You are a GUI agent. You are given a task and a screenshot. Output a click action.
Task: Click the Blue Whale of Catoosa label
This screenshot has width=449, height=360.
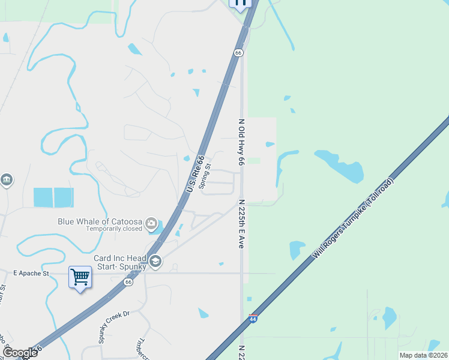click(x=100, y=221)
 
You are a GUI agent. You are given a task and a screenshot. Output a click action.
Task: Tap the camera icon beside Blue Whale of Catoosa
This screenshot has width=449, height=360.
click(x=151, y=224)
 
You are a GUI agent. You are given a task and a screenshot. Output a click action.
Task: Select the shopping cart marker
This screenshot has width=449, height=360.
click(x=80, y=277)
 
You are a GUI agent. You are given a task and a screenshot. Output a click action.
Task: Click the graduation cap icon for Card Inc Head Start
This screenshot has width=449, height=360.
click(x=155, y=261)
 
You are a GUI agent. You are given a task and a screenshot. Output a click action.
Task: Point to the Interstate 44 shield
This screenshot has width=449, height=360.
click(x=253, y=318)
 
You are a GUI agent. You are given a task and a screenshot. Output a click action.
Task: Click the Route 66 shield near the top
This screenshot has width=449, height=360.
click(x=239, y=53)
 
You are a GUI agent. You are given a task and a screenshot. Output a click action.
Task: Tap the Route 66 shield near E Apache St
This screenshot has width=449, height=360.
click(x=128, y=281)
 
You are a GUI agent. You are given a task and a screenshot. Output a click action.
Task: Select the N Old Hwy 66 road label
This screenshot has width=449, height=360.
click(x=241, y=142)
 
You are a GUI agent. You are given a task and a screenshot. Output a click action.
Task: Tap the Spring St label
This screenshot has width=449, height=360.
click(x=206, y=176)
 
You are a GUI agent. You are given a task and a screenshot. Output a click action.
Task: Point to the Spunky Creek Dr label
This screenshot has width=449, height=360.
click(x=114, y=326)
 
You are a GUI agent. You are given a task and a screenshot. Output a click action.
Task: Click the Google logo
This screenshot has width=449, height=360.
click(x=20, y=353)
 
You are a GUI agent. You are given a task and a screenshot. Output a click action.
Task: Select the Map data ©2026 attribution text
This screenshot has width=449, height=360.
click(x=423, y=355)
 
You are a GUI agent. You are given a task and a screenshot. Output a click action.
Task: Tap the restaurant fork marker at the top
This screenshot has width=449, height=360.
click(x=240, y=4)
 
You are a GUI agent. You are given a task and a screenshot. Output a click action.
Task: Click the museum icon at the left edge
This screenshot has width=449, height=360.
click(x=6, y=179)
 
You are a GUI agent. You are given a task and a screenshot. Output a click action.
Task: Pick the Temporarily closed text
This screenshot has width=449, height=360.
click(x=114, y=229)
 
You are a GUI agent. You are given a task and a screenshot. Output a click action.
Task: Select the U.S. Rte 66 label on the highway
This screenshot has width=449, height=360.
click(x=193, y=174)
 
